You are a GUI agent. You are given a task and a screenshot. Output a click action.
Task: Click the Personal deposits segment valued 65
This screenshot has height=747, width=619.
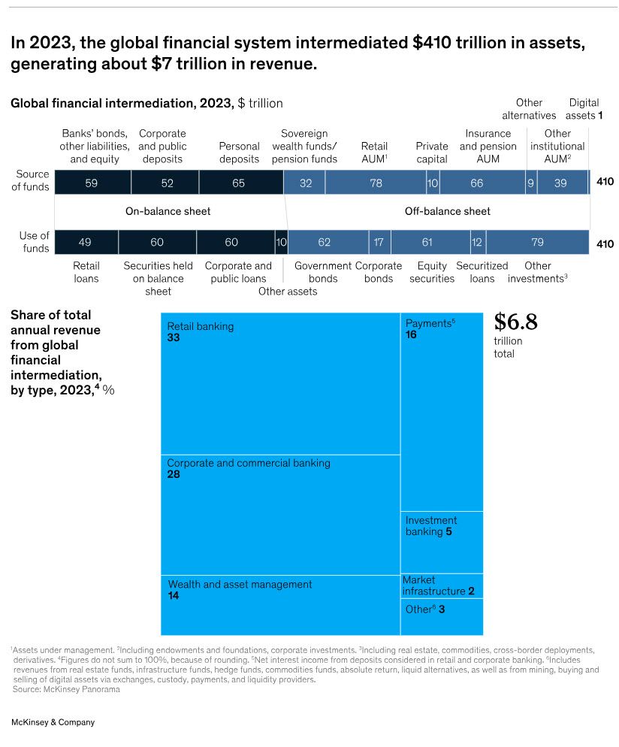pos(240,183)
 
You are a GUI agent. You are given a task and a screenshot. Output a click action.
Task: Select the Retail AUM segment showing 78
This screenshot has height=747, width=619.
pos(376,183)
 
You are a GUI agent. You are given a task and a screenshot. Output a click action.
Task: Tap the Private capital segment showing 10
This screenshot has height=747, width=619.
pos(433,183)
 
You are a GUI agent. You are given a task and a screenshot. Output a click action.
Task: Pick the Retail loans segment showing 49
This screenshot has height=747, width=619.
pos(86,242)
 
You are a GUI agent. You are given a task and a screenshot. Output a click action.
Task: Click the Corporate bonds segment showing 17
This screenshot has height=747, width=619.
pos(379,242)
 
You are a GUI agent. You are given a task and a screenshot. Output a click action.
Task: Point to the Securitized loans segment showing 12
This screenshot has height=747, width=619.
pos(477,242)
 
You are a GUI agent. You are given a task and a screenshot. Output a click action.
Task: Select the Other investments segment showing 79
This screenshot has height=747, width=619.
pos(537,242)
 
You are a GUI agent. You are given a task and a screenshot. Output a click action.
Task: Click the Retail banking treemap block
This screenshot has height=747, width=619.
pos(280,383)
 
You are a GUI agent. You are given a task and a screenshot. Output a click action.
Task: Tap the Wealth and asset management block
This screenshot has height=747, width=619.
pos(280,605)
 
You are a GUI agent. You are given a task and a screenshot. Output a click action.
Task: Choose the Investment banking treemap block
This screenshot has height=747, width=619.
pos(442,542)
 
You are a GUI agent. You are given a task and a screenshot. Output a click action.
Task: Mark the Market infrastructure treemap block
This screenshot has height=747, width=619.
pos(442,585)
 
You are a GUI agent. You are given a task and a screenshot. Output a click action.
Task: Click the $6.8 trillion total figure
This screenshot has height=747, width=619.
pos(515,322)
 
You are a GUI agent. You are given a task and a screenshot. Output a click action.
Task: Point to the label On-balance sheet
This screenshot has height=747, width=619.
pos(168,211)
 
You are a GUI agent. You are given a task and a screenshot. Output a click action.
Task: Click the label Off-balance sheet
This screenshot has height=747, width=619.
pos(447,211)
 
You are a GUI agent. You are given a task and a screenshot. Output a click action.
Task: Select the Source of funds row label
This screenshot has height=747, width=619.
pos(32,181)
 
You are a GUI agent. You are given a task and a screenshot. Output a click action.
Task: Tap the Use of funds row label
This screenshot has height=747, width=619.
pos(35,242)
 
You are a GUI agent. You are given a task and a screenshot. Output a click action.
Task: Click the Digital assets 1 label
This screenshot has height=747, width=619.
pos(584,109)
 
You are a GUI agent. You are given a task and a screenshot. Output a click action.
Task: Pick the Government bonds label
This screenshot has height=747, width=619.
pos(323,272)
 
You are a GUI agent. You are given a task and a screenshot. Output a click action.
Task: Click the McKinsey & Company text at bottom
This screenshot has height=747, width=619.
pos(53,722)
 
